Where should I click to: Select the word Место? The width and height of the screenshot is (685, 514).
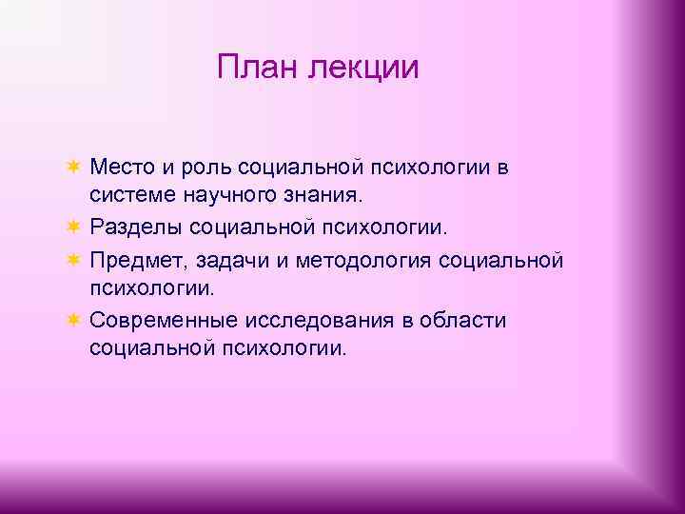(121, 168)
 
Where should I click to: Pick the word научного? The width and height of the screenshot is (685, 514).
(229, 197)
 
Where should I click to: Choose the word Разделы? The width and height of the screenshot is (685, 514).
(135, 228)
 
